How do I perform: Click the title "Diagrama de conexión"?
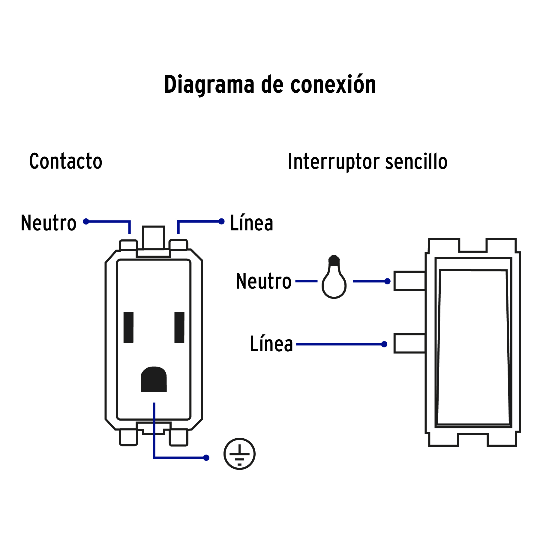pyautogui.click(x=270, y=85)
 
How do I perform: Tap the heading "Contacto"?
pyautogui.click(x=66, y=161)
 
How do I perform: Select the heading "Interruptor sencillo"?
pyautogui.click(x=367, y=162)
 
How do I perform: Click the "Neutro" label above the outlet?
pyautogui.click(x=49, y=223)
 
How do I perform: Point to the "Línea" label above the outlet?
pyautogui.click(x=251, y=223)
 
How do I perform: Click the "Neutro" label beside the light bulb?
pyautogui.click(x=263, y=281)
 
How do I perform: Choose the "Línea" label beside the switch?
pyautogui.click(x=271, y=344)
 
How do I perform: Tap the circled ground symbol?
pyautogui.click(x=239, y=454)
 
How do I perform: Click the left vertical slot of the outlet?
pyautogui.click(x=128, y=327)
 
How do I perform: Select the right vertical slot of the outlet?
pyautogui.click(x=179, y=327)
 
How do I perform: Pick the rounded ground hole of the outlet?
pyautogui.click(x=154, y=379)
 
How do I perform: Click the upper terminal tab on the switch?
pyautogui.click(x=409, y=281)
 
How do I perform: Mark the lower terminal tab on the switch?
pyautogui.click(x=409, y=343)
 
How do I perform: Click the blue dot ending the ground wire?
pyautogui.click(x=206, y=457)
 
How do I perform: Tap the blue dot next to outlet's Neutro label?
pyautogui.click(x=86, y=221)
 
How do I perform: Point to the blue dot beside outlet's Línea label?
pyautogui.click(x=221, y=221)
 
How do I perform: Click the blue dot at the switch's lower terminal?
pyautogui.click(x=384, y=344)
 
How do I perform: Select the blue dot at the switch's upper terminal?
pyautogui.click(x=387, y=281)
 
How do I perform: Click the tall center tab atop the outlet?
pyautogui.click(x=153, y=238)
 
